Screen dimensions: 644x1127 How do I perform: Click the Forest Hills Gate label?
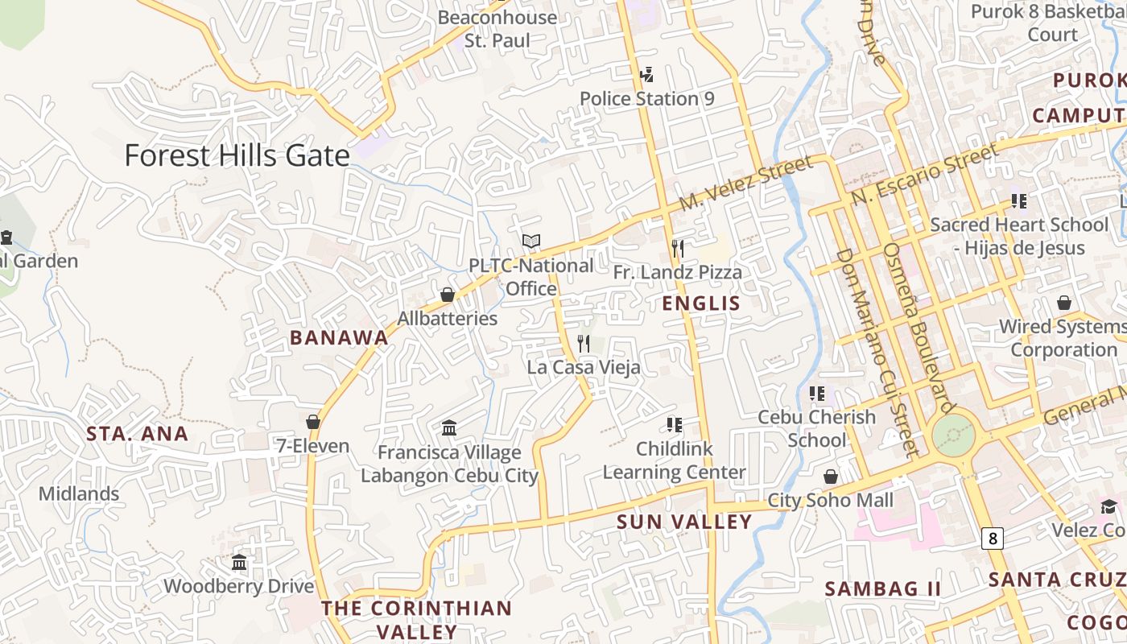237,155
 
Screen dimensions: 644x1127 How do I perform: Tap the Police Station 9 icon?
646,75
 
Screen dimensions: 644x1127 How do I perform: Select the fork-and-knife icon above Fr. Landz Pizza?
677,248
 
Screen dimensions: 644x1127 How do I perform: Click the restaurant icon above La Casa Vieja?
584,344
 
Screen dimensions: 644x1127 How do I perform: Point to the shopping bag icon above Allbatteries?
448,295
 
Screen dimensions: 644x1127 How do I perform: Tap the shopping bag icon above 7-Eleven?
313,422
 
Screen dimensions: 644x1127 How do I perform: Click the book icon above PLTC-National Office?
530,241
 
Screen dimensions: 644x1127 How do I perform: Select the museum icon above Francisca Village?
449,427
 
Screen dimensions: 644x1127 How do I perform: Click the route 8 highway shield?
993,539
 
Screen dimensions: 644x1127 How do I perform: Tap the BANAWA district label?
339,338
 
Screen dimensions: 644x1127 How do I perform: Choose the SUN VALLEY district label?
684,522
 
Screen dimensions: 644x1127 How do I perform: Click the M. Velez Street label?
745,184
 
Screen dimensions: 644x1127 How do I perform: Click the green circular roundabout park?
953,436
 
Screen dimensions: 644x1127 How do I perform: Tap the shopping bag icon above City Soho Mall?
830,477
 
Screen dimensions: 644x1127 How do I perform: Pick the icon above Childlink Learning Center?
674,424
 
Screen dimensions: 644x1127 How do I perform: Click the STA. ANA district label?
137,434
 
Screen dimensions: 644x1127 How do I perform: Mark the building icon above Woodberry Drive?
239,562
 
